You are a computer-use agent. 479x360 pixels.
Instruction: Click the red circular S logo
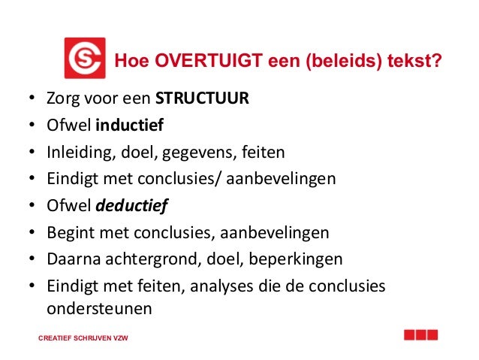(84, 58)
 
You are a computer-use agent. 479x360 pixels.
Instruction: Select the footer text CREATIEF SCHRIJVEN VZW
(83, 338)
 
